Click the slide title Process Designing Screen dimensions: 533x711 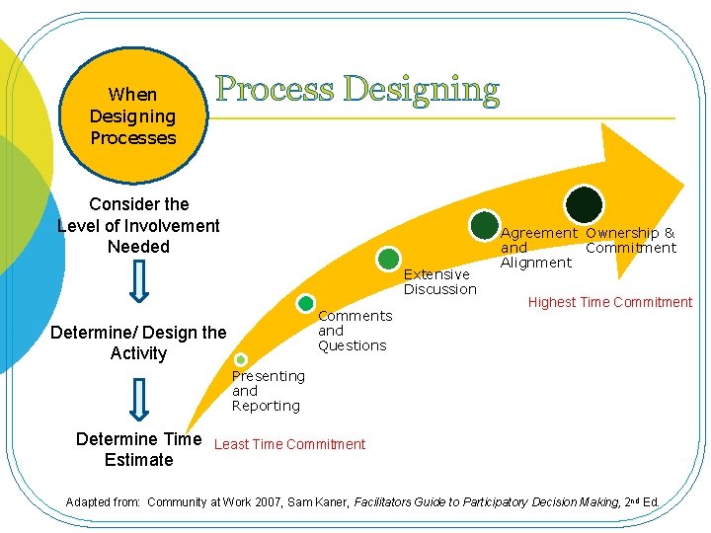357,89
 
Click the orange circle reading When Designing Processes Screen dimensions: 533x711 132,116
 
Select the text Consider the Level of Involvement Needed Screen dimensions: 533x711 138,225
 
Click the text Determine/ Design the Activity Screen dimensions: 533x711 138,343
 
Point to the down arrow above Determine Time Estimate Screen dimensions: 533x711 139,401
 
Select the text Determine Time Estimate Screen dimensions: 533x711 138,449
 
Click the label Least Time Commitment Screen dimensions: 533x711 289,444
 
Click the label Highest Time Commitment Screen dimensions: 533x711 610,302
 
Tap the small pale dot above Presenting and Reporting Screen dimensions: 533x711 241,360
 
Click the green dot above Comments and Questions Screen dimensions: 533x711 306,303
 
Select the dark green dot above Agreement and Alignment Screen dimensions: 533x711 485,225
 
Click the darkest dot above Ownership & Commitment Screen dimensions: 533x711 584,204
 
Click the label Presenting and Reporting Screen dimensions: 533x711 268,391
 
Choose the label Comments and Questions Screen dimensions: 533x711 355,331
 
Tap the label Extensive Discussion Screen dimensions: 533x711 439,281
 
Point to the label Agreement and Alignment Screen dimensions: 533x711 538,248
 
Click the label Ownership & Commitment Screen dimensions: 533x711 630,240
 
